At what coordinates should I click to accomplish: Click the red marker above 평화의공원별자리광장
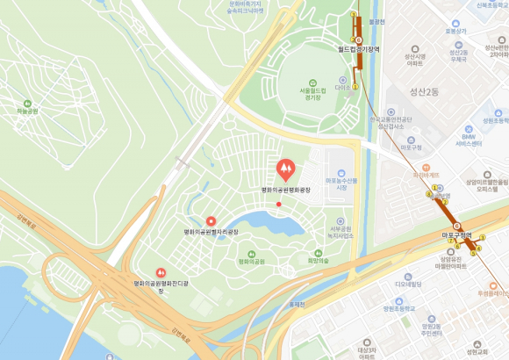(210, 220)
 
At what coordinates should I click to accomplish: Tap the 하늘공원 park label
(27, 112)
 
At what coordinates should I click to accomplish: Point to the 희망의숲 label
(318, 261)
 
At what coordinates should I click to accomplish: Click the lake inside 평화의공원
(263, 224)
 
